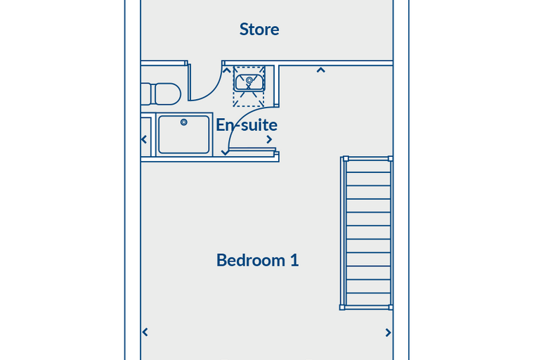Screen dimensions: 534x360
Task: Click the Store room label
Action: click(x=259, y=30)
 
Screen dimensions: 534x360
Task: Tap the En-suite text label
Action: click(x=247, y=125)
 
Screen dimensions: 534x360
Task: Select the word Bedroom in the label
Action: click(x=251, y=260)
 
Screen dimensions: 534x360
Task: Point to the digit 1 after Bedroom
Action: click(x=294, y=260)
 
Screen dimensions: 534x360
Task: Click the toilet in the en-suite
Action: click(x=161, y=94)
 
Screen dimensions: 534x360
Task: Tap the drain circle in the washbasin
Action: click(x=249, y=80)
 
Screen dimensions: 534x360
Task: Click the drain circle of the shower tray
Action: click(x=184, y=122)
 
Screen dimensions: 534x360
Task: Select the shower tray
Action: click(x=184, y=135)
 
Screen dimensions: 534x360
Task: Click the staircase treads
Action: click(x=368, y=233)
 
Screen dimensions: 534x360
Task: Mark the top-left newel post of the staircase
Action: click(x=346, y=158)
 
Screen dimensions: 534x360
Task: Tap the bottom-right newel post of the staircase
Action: click(x=391, y=307)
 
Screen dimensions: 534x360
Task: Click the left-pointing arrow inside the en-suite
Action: click(x=144, y=139)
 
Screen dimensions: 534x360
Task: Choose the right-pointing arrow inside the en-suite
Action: click(x=269, y=139)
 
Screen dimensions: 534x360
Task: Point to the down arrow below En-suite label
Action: click(x=225, y=153)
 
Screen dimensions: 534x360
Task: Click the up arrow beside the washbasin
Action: click(x=226, y=70)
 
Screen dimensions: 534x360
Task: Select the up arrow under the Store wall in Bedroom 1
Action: click(x=320, y=70)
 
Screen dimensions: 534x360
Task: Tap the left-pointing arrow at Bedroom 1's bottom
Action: click(x=145, y=332)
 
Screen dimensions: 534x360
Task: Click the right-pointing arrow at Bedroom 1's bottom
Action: click(x=388, y=333)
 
